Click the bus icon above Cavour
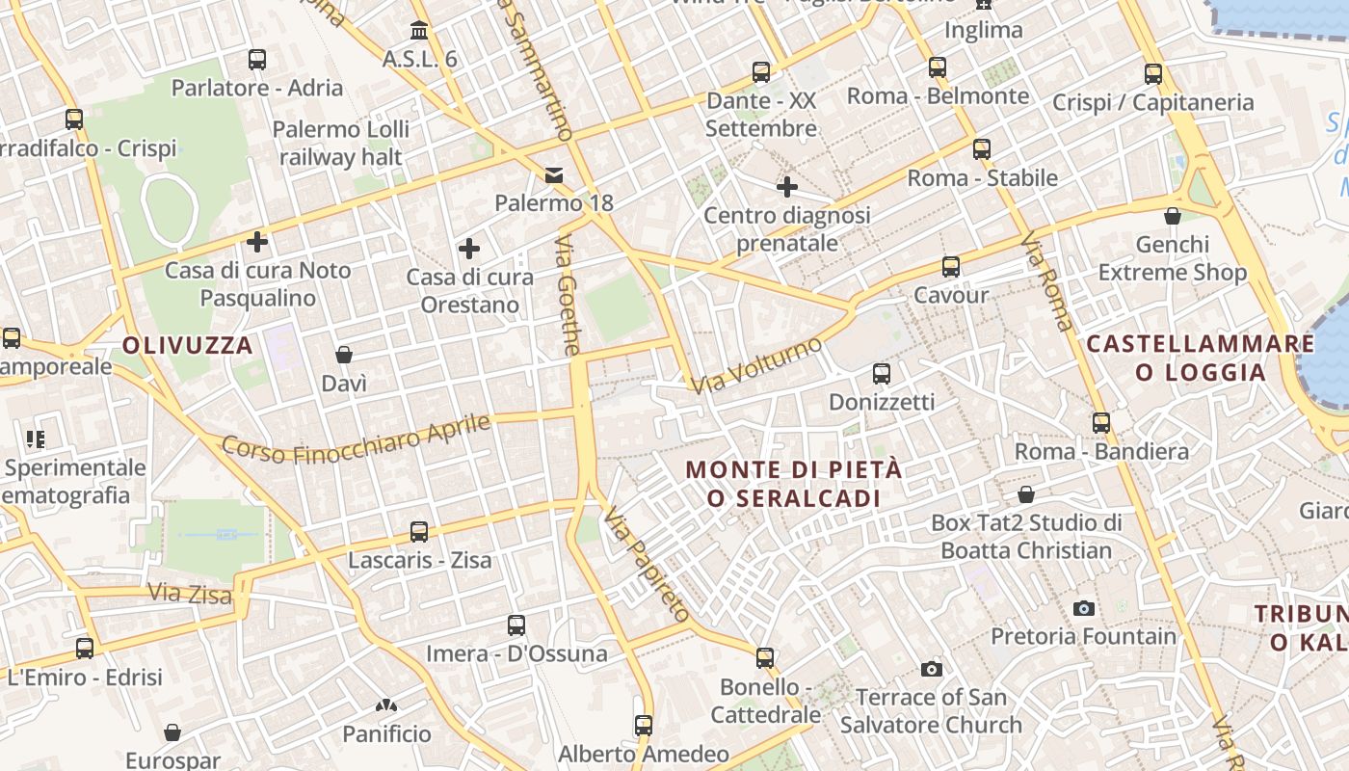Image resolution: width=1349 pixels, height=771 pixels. click(x=951, y=267)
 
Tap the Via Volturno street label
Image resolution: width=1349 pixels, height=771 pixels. click(x=756, y=365)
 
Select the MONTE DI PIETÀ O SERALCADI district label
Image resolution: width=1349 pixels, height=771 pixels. click(x=794, y=484)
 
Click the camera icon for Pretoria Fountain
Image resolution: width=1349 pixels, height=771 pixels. click(x=1084, y=608)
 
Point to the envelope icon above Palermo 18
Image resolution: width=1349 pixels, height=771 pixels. click(x=554, y=174)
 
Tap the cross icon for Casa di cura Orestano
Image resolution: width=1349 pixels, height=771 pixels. click(x=469, y=250)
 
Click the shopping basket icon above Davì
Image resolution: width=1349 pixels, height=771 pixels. click(x=344, y=356)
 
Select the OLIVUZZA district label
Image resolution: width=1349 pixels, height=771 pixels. click(x=188, y=345)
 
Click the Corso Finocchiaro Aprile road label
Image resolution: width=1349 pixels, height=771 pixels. click(x=356, y=438)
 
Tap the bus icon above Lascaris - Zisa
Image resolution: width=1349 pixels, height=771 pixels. click(x=419, y=531)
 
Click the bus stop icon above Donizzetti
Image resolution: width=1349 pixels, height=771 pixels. click(x=882, y=373)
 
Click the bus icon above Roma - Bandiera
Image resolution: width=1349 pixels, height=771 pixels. click(x=1101, y=422)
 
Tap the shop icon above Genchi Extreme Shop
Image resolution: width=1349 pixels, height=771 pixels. click(x=1173, y=216)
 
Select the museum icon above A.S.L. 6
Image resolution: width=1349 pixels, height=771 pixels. click(x=419, y=30)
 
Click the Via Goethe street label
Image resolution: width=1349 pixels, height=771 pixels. click(x=568, y=295)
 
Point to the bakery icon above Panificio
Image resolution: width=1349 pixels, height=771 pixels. click(x=386, y=706)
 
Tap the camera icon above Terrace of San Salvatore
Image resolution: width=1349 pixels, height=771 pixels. click(x=931, y=669)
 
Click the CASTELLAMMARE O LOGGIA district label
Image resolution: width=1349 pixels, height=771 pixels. click(x=1201, y=358)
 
